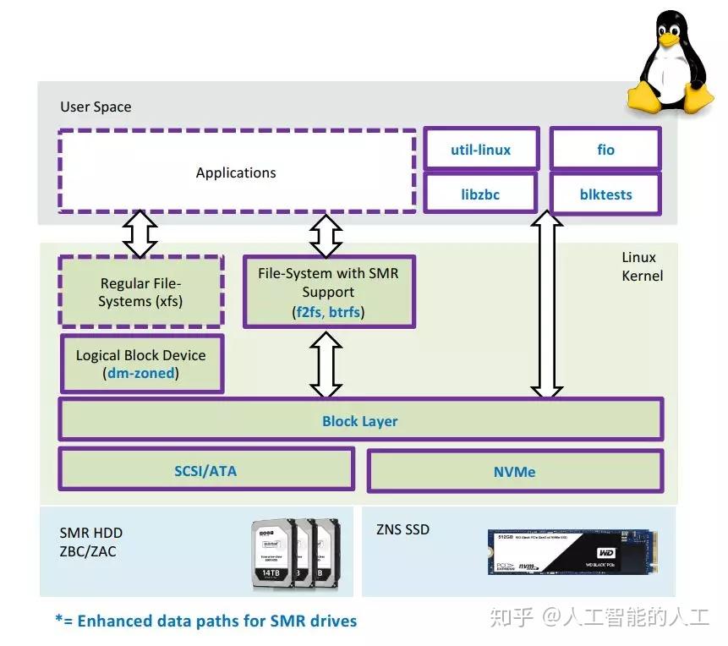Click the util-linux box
(480, 150)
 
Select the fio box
(605, 150)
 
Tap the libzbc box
(480, 194)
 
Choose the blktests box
(605, 194)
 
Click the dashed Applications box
(236, 172)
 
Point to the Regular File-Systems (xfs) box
(140, 293)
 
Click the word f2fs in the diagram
(308, 312)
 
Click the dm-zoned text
(140, 373)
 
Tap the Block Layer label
(359, 421)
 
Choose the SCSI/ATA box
(205, 471)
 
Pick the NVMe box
(515, 471)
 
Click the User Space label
(96, 107)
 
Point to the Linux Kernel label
(642, 266)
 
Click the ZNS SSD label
(402, 530)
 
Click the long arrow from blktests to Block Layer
(546, 304)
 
